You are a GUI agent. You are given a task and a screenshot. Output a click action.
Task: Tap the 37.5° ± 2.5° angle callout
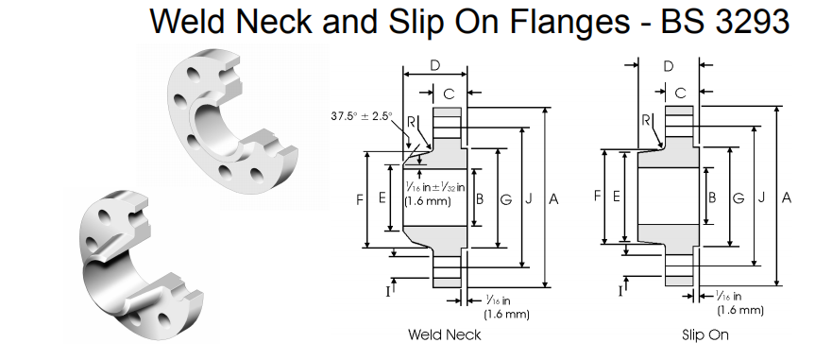point(362,116)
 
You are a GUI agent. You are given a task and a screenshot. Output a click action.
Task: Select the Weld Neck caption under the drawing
point(445,334)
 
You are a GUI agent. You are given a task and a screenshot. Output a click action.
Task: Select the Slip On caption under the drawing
point(705,334)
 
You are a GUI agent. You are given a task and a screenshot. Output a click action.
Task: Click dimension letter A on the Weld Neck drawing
point(553,198)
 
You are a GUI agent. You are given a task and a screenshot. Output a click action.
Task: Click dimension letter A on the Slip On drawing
point(787,197)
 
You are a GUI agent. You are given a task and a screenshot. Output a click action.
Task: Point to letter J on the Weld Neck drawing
point(529,198)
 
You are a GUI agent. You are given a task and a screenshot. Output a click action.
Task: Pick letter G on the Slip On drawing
point(739,197)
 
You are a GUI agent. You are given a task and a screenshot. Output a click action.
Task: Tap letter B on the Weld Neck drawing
point(480,198)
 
